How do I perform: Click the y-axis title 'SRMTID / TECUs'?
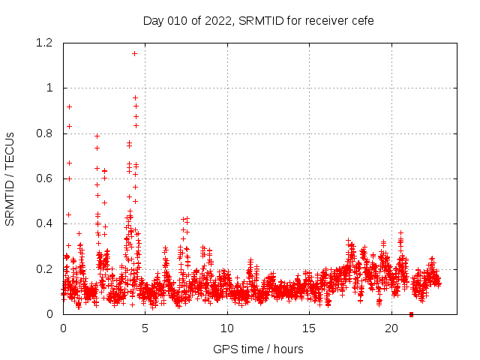10,178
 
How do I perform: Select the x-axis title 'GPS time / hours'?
258,349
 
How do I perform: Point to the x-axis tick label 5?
145,328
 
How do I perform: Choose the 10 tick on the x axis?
227,328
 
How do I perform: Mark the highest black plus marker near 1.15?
134,53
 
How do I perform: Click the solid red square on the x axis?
411,313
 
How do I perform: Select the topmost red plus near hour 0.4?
70,106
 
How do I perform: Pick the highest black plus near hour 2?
97,136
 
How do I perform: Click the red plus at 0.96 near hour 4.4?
135,97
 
